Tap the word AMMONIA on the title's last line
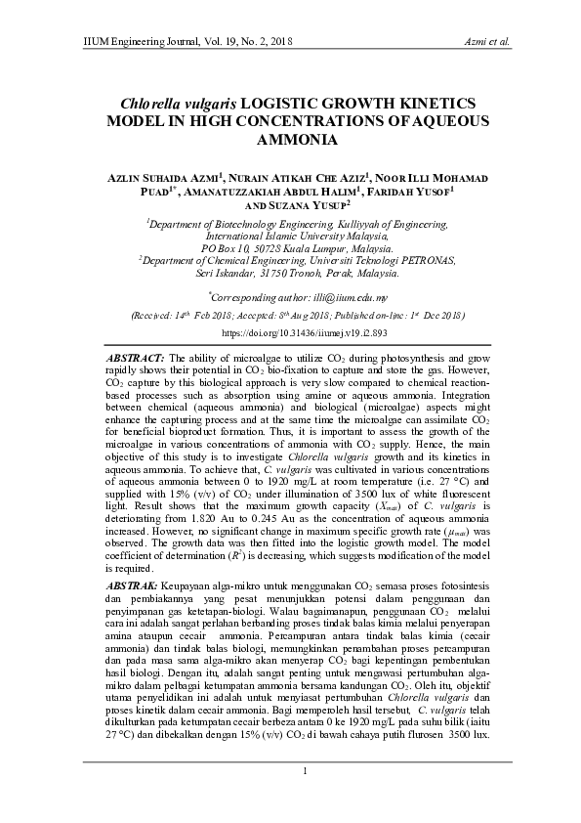click(x=290, y=139)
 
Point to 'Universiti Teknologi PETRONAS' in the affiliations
click(x=367, y=261)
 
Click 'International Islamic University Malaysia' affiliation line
click(x=290, y=237)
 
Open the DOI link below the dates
click(x=290, y=333)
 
